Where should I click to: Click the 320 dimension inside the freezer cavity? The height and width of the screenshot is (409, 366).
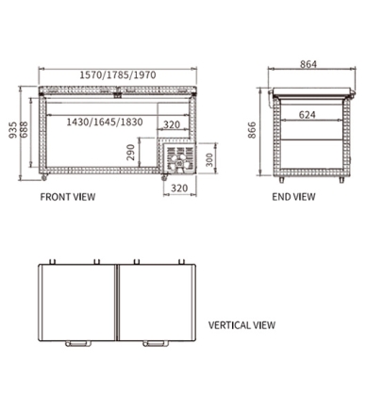click(x=173, y=123)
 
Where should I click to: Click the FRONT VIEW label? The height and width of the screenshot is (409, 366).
click(x=67, y=198)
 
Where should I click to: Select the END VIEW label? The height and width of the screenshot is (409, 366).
click(x=293, y=198)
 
